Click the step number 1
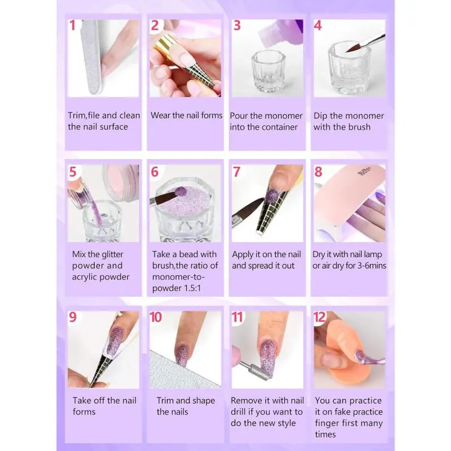coord(72,25)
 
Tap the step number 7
coord(236,172)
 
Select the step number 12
coord(320,317)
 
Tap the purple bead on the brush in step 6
coord(180,192)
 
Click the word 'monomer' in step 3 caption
coord(284,116)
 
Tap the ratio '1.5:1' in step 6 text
coord(191,288)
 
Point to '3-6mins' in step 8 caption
coord(372,266)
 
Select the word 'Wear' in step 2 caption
coord(160,116)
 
